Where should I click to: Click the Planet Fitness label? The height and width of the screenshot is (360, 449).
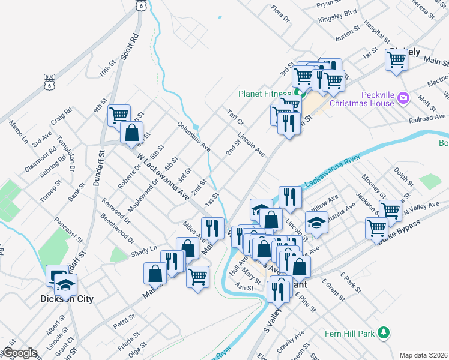click(x=264, y=93)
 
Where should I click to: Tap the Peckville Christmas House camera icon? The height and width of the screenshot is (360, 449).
click(x=403, y=97)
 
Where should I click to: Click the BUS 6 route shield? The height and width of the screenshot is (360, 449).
click(x=49, y=81)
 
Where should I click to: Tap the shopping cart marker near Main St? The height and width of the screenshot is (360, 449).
click(x=397, y=60)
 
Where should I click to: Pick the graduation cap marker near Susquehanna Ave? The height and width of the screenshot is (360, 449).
click(x=316, y=222)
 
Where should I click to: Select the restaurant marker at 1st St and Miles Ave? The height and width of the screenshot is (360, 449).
click(x=212, y=227)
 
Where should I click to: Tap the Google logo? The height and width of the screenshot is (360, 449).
click(x=20, y=353)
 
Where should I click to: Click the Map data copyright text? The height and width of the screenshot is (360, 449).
click(x=423, y=355)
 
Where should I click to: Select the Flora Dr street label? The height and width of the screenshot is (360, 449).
click(x=280, y=14)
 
